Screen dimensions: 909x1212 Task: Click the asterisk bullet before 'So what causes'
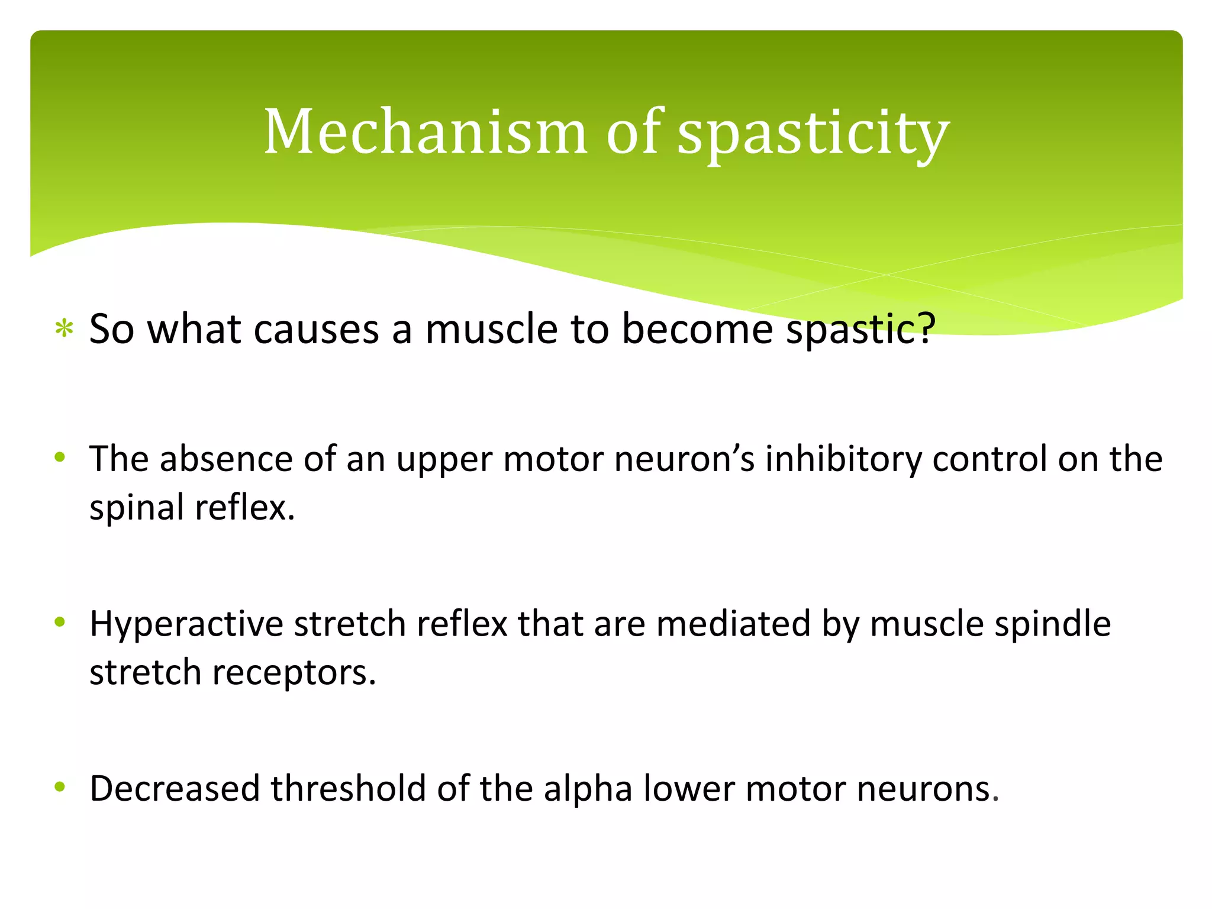click(x=64, y=329)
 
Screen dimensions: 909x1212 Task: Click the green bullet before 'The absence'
click(x=59, y=457)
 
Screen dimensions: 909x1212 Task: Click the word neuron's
click(x=685, y=459)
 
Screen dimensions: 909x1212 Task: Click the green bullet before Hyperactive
click(x=59, y=622)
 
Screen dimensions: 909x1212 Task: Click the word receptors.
click(x=294, y=673)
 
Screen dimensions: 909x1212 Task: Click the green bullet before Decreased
click(x=59, y=786)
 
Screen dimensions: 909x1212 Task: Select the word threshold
click(x=349, y=788)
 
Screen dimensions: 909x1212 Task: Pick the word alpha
click(x=588, y=789)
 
